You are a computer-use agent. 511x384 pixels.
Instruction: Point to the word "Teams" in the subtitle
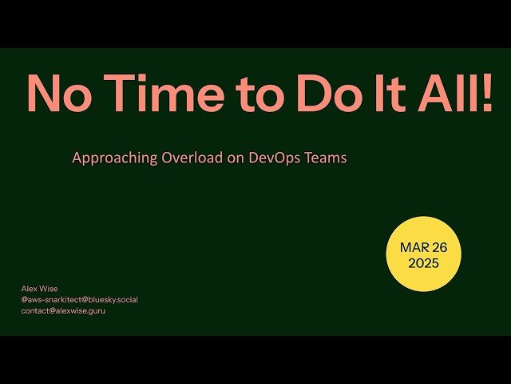click(327, 158)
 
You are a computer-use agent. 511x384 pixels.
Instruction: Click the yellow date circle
click(423, 254)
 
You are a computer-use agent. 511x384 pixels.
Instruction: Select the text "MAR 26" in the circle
click(423, 247)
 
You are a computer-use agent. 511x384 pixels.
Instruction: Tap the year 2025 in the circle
click(423, 263)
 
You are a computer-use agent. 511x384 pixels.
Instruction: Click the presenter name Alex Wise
click(39, 289)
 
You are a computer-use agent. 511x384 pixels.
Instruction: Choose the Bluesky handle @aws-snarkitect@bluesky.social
click(79, 300)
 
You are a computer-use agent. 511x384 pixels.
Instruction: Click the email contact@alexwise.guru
click(63, 310)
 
